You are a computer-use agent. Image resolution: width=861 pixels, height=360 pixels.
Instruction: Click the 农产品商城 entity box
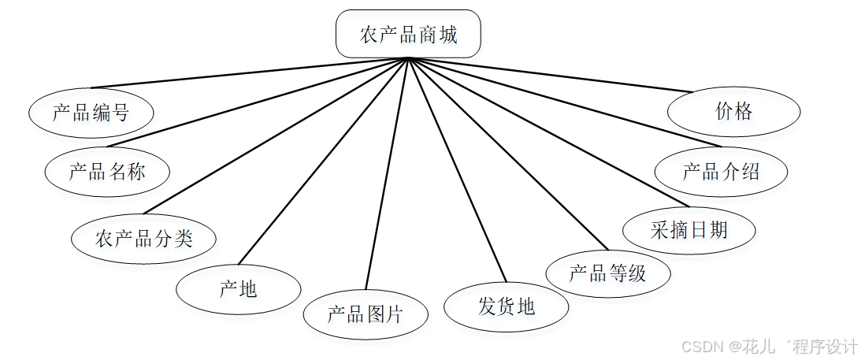pos(408,34)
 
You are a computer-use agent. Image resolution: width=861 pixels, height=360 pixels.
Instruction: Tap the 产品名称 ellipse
pos(107,170)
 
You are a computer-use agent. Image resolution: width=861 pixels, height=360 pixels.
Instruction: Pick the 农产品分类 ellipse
pos(144,238)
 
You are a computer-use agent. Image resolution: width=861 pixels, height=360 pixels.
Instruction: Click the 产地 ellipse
pos(238,289)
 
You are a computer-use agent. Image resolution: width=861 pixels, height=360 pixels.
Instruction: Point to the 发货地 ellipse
pos(506,306)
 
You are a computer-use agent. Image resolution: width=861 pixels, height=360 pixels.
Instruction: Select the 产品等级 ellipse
pos(607,273)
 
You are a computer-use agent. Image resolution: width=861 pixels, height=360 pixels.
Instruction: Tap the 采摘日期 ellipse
pos(689,230)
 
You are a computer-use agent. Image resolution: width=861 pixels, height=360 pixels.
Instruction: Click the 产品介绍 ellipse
pos(721,171)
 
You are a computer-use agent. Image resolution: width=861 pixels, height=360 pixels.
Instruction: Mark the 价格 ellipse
pos(733,111)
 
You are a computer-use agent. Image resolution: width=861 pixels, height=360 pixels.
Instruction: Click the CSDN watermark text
pos(768,347)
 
